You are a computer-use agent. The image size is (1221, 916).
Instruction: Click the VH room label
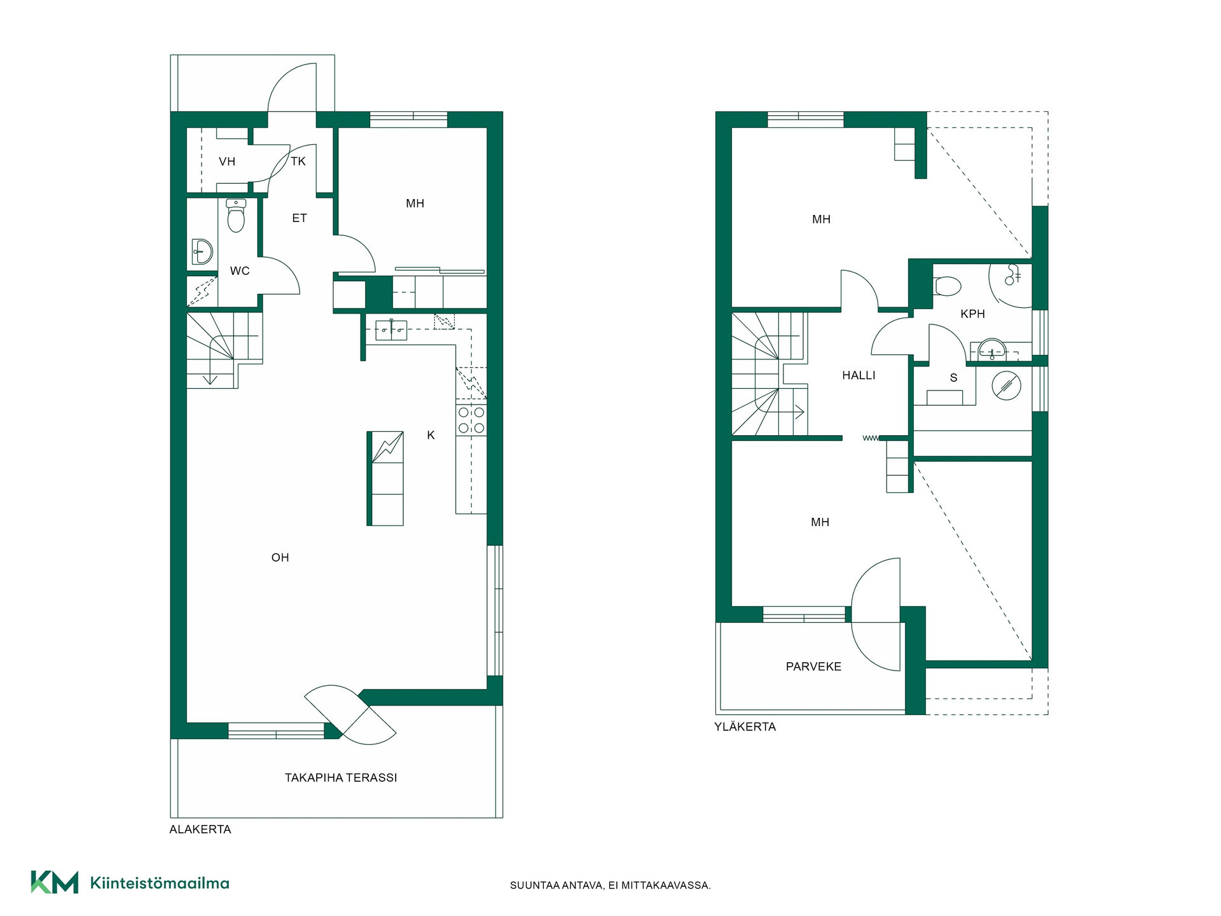227,162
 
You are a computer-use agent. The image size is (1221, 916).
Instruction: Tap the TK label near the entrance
298,162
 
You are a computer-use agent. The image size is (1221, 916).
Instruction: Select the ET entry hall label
300,218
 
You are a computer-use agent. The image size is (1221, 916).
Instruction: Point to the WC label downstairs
240,271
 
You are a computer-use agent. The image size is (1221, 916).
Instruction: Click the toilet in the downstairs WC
236,216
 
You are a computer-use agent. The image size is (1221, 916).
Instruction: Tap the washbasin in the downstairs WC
202,253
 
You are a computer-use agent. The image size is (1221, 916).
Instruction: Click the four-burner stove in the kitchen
471,420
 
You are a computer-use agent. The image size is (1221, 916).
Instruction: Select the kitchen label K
431,436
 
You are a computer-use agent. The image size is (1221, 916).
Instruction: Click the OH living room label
280,558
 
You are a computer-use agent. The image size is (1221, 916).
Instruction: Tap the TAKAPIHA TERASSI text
341,778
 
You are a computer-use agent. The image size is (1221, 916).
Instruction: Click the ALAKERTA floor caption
200,829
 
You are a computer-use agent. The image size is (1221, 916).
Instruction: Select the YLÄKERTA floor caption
745,727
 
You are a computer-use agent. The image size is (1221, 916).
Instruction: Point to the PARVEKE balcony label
814,667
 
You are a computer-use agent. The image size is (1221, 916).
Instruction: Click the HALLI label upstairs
859,376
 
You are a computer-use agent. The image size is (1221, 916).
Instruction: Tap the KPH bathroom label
973,314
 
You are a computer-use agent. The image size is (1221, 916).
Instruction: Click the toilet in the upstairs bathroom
947,286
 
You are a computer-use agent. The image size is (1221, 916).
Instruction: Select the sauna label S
954,378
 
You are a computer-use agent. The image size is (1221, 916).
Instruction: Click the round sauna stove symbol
1006,385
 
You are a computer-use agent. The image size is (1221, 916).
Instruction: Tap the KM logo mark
55,882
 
